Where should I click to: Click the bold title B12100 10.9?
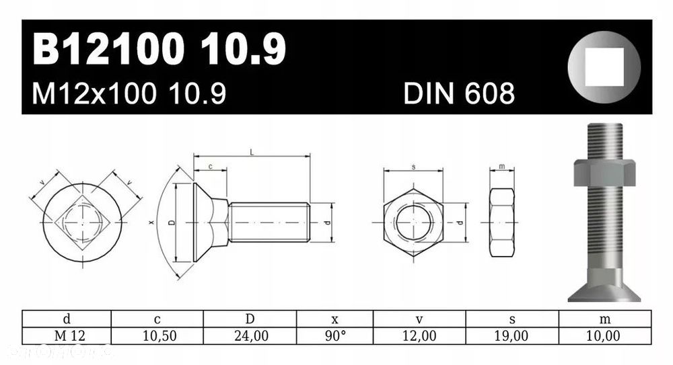(x=159, y=50)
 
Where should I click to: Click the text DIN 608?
(x=459, y=94)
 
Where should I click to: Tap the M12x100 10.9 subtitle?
(x=129, y=94)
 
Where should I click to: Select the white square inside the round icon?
(x=604, y=67)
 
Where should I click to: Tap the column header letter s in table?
(x=512, y=319)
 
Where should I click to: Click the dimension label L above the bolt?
(x=252, y=153)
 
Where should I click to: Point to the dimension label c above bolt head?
(x=210, y=165)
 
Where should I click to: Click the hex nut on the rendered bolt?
(x=604, y=173)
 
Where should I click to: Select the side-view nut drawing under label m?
(x=501, y=222)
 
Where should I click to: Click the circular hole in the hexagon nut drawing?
(x=413, y=222)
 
